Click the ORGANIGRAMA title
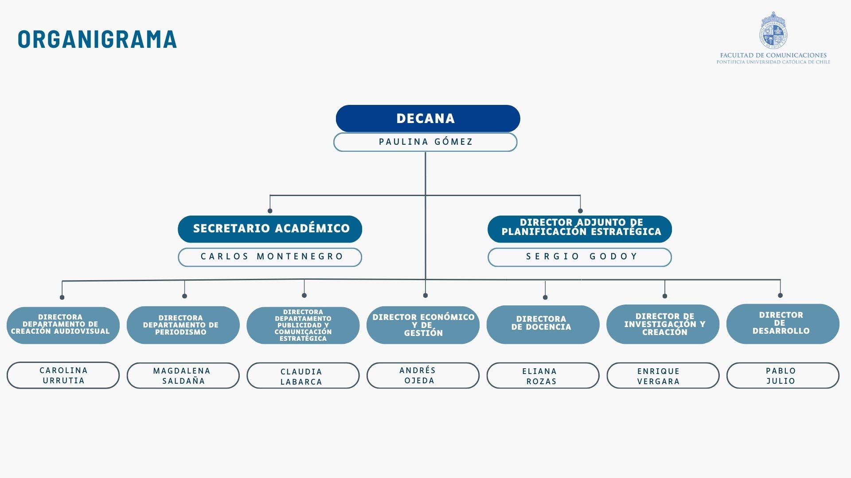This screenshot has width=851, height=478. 97,39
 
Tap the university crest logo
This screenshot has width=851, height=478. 773,30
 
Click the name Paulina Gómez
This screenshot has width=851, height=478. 425,142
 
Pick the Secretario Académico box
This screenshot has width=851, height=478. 270,229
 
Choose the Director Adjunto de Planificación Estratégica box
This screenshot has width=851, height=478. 580,229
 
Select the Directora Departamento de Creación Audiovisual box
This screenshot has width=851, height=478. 63,325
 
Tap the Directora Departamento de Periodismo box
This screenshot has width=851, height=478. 183,325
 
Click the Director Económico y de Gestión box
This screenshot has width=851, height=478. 423,325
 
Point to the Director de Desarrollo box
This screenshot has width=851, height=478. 783,324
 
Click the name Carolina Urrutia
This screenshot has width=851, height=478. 63,375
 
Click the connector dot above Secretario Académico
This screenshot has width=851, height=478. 270,211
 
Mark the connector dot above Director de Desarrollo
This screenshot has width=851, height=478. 780,295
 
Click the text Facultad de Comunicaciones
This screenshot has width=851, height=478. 773,55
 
